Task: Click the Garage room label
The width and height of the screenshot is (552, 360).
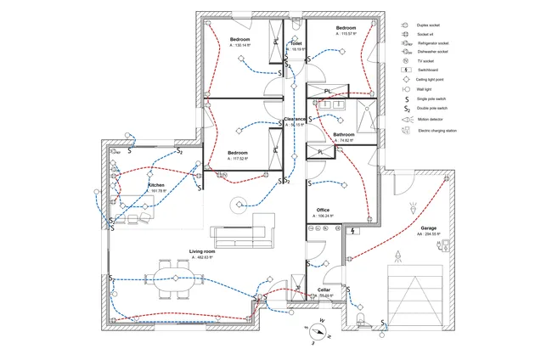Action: pos(428,228)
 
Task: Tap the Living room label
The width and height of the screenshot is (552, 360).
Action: pos(202,251)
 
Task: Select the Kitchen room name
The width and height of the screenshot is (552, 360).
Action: pos(156,184)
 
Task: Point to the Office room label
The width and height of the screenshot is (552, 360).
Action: pos(323,210)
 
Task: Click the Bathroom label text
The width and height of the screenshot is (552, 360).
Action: pos(344,134)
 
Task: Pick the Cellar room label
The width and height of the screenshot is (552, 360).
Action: pos(324,290)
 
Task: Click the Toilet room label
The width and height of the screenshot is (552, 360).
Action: pos(296,42)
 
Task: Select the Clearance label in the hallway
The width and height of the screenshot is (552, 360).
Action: pos(295,119)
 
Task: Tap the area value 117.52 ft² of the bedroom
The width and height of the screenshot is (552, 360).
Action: pos(241,159)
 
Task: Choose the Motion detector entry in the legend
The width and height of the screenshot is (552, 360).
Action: pos(434,120)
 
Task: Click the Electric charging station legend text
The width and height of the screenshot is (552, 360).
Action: pos(442,131)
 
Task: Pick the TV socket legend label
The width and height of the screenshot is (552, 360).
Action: pos(426,61)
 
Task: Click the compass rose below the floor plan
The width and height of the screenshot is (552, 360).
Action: pos(321,330)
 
